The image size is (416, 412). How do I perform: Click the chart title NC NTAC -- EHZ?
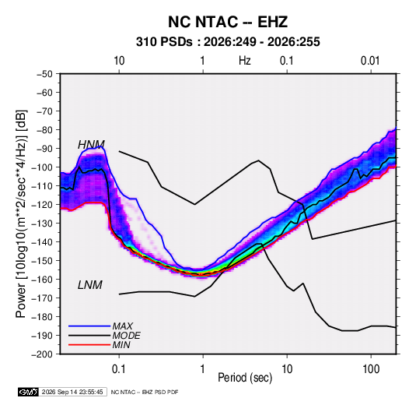pyautogui.click(x=228, y=22)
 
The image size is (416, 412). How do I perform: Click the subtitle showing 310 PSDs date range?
pyautogui.click(x=228, y=42)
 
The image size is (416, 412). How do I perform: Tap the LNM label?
pyautogui.click(x=90, y=285)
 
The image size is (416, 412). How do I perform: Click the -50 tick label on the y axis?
pyautogui.click(x=45, y=74)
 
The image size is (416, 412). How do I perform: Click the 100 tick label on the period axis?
pyautogui.click(x=371, y=369)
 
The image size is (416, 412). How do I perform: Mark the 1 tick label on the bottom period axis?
pyautogui.click(x=203, y=369)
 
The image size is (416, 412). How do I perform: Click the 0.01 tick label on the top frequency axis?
pyautogui.click(x=370, y=61)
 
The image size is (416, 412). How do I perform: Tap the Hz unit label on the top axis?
pyautogui.click(x=245, y=61)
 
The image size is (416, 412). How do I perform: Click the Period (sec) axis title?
pyautogui.click(x=245, y=378)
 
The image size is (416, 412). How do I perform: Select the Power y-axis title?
pyautogui.click(x=21, y=214)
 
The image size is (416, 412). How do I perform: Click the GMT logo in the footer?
pyautogui.click(x=29, y=392)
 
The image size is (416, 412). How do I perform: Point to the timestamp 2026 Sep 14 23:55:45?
pyautogui.click(x=72, y=392)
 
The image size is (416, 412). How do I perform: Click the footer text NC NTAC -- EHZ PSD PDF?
pyautogui.click(x=145, y=392)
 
